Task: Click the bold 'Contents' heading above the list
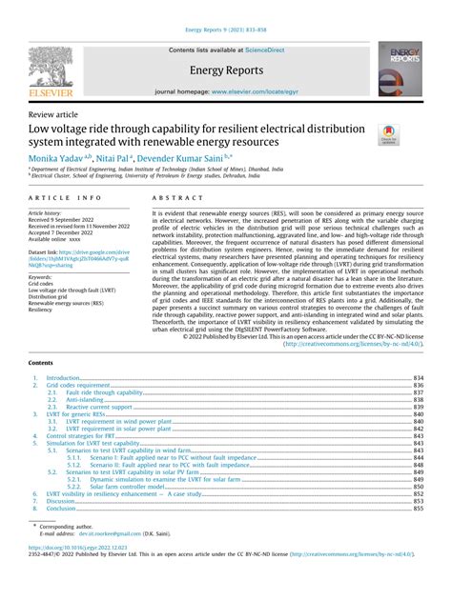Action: pos(42,363)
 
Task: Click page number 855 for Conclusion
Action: pos(417,510)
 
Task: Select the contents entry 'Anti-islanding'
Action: pos(91,399)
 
